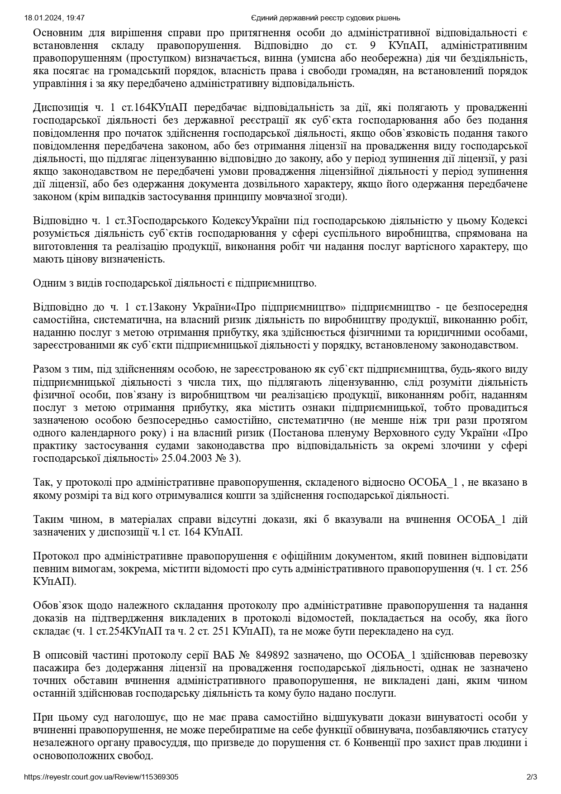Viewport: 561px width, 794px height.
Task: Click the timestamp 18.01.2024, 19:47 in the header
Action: coord(55,18)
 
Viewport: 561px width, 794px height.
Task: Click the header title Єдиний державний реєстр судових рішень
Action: coord(325,18)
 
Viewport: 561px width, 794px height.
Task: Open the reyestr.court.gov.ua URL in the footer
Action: coord(101,777)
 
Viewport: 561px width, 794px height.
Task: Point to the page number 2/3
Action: coord(532,777)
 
